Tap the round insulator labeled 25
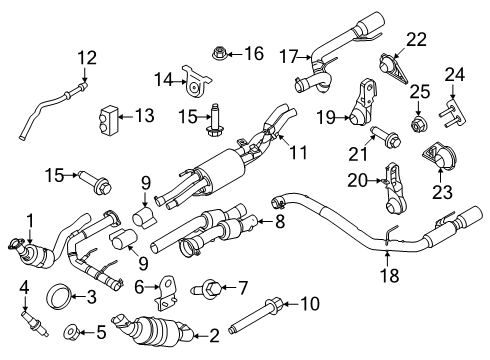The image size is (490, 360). click(418, 128)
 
